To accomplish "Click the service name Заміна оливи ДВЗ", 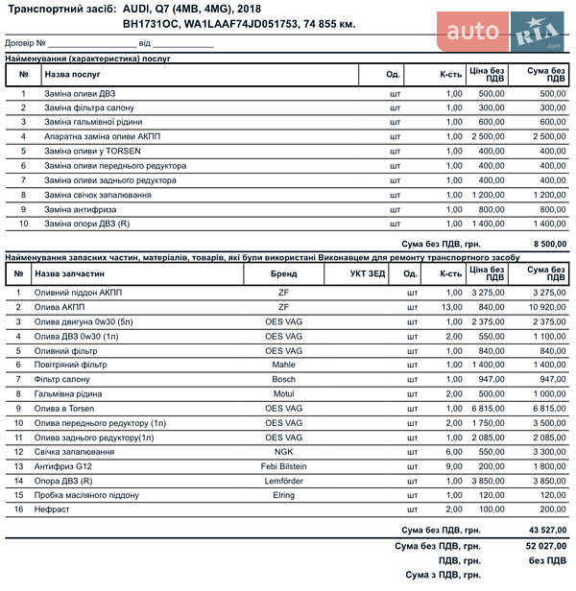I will click(80, 94).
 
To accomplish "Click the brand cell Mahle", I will click(283, 366).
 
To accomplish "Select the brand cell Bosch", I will click(283, 380).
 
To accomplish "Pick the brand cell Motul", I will click(283, 394).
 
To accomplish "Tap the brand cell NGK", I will click(283, 452).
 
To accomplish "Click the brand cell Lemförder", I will click(283, 481).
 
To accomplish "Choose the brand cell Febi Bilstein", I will click(283, 466).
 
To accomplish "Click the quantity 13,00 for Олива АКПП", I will click(451, 307).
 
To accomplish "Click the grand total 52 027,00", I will click(542, 546).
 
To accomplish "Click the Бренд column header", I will click(283, 273).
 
